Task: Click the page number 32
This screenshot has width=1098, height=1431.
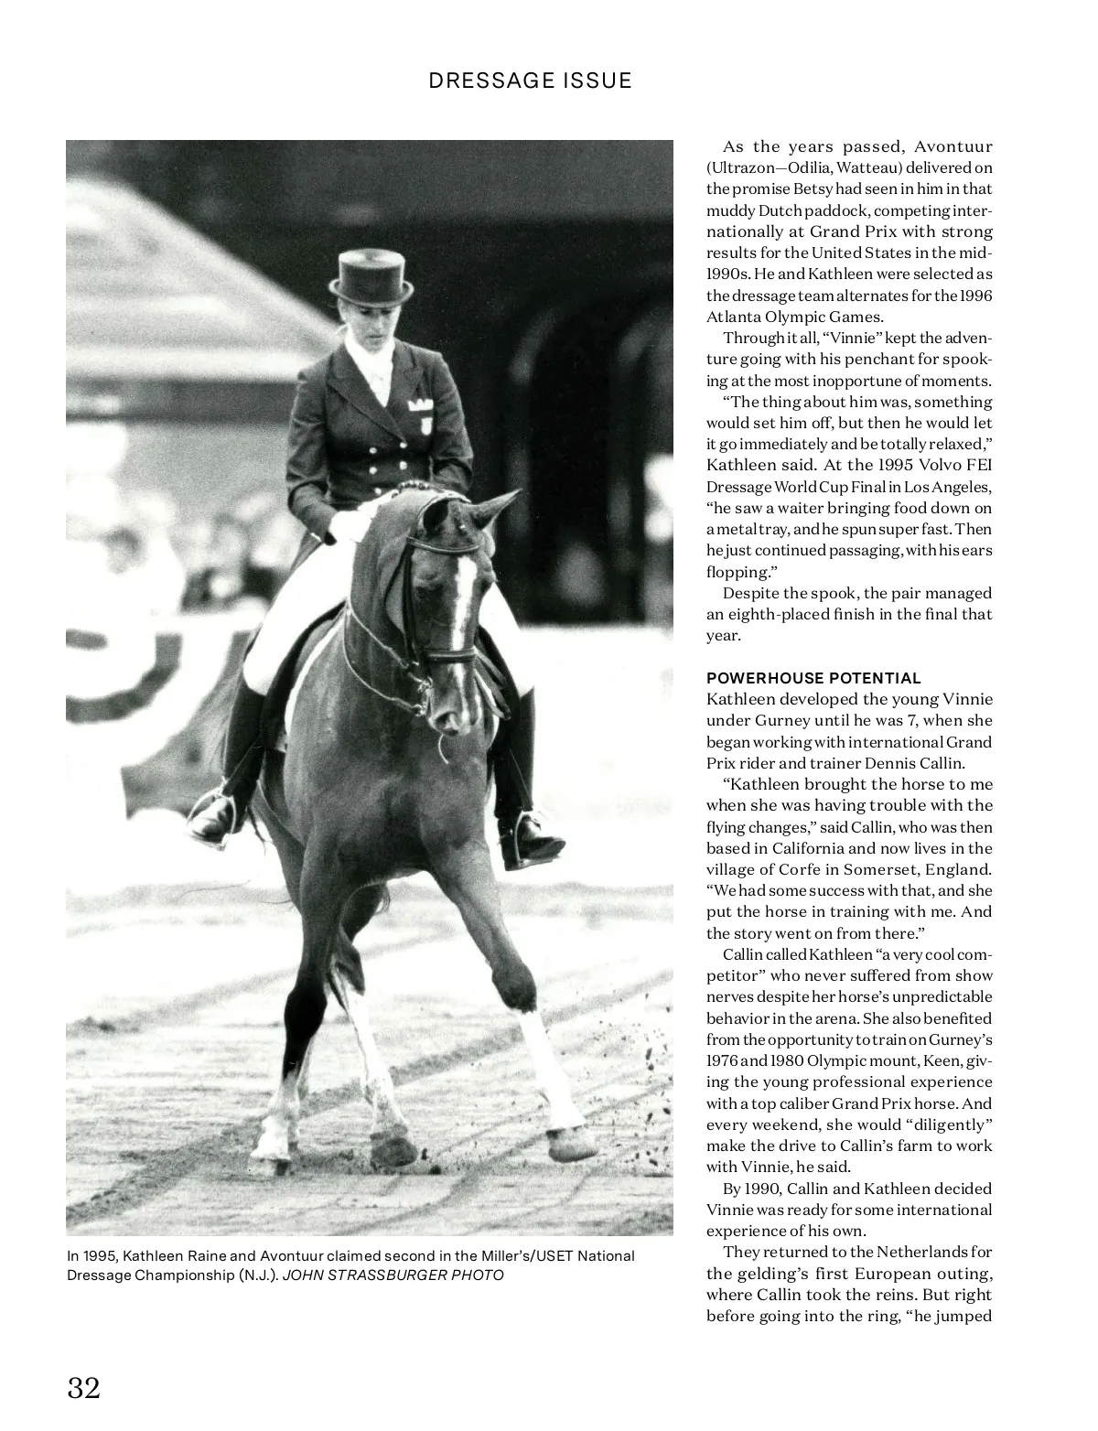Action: [83, 1387]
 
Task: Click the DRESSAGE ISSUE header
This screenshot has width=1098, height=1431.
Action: [530, 81]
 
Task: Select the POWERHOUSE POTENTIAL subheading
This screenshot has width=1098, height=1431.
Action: [813, 678]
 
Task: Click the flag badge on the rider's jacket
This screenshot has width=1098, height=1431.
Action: [421, 403]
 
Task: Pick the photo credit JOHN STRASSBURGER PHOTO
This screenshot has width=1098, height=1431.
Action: [393, 1275]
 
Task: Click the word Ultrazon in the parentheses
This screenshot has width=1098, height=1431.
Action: [742, 167]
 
